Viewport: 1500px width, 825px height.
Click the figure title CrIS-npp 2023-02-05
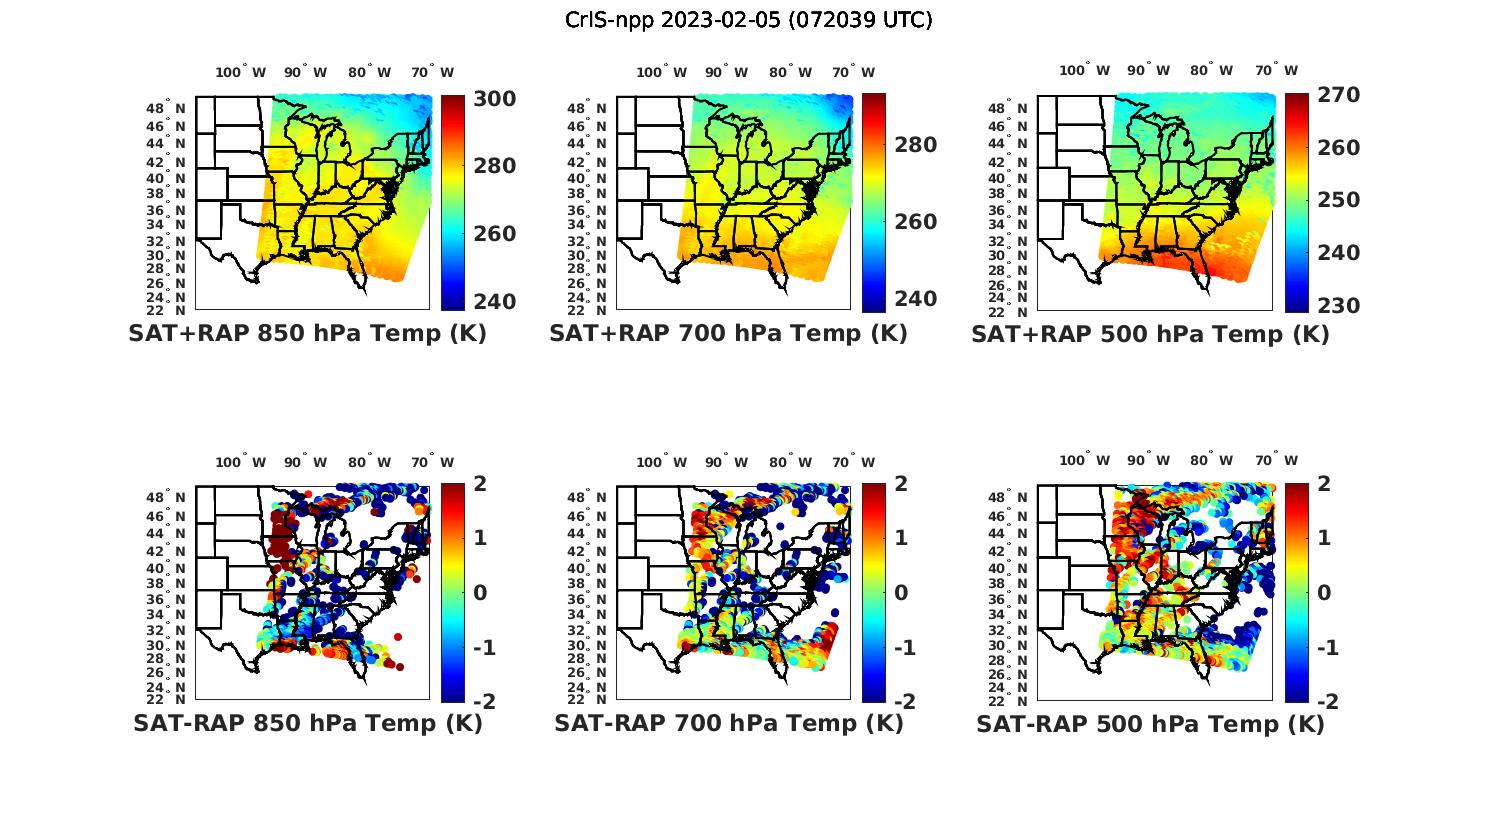(x=749, y=20)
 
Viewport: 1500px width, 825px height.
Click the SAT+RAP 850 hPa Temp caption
(x=307, y=334)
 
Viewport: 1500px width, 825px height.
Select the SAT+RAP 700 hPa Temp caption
(x=728, y=334)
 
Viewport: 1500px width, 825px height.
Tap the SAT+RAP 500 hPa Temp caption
(x=1150, y=334)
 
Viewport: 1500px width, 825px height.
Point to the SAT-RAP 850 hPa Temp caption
(x=307, y=724)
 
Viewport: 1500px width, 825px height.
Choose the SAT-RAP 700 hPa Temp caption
(x=728, y=724)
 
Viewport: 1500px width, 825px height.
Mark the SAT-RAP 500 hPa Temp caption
(x=1150, y=724)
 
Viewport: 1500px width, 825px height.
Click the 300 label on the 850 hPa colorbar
(x=494, y=99)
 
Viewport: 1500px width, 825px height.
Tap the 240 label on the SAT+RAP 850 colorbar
(x=494, y=302)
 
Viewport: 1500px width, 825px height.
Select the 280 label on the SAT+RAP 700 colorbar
(x=915, y=145)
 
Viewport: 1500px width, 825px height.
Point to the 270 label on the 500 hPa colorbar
(x=1337, y=95)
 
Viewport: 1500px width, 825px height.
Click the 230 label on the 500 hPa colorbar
(x=1337, y=306)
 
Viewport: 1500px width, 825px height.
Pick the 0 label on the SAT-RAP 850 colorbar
(x=480, y=592)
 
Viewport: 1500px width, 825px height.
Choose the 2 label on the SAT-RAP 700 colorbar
(x=902, y=484)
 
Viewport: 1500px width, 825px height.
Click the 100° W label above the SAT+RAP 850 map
(x=241, y=72)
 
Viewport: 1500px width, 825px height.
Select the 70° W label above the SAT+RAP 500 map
(x=1277, y=70)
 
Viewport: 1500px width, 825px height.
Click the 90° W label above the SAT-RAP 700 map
(x=726, y=462)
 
